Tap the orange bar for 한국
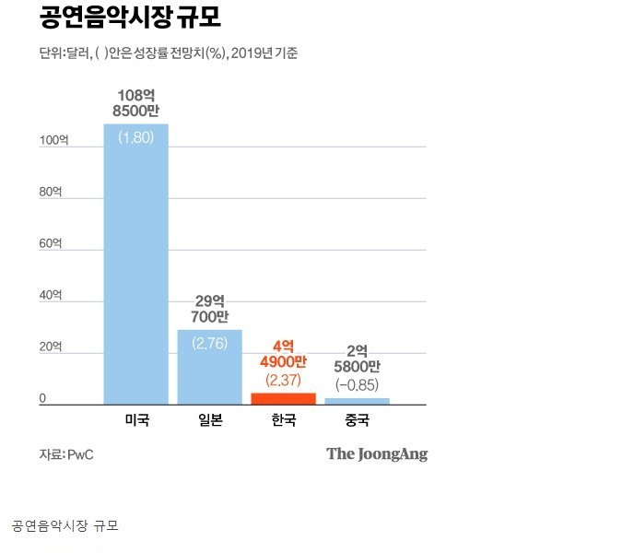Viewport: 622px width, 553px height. click(283, 398)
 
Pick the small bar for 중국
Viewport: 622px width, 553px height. click(357, 401)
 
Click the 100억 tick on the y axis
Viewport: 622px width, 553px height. click(53, 141)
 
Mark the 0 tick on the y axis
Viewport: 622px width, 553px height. click(42, 399)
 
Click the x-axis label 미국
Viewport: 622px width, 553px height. click(136, 420)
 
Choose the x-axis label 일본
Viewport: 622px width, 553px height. click(210, 420)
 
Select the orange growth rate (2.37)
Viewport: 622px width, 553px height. click(283, 380)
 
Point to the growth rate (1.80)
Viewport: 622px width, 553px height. click(136, 137)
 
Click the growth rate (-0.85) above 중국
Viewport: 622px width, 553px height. click(357, 384)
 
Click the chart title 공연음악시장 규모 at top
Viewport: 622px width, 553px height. click(130, 18)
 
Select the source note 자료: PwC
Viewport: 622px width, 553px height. click(66, 454)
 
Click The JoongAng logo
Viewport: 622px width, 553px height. click(377, 453)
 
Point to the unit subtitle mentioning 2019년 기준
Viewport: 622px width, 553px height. click(168, 53)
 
